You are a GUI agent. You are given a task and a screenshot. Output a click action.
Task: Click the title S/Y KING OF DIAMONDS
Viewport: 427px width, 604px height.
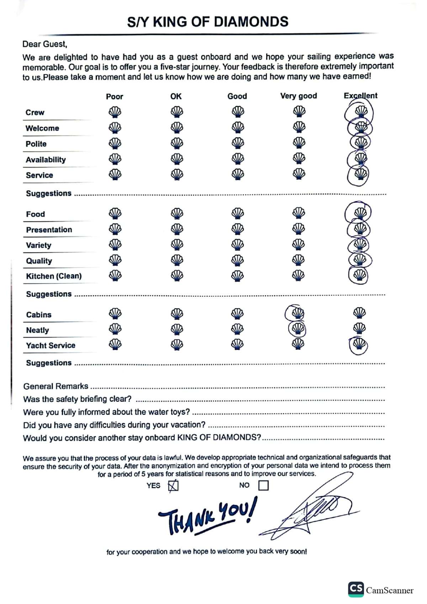(x=208, y=22)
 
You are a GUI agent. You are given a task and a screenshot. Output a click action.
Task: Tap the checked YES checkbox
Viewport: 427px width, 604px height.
(x=173, y=486)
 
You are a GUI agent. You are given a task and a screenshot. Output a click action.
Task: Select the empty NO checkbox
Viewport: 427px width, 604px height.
(x=263, y=485)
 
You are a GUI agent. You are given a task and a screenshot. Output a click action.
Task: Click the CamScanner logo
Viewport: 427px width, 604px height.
(x=356, y=589)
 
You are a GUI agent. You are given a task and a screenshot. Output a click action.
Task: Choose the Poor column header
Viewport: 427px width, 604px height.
(x=115, y=96)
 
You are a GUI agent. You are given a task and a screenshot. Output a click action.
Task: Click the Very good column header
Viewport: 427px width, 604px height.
(x=299, y=96)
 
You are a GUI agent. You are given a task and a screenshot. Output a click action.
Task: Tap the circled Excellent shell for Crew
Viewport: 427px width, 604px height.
(x=361, y=111)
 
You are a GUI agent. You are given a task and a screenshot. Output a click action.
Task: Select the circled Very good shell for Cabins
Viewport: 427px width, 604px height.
(x=297, y=313)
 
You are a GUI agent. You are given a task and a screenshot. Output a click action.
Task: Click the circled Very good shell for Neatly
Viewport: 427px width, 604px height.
(x=297, y=329)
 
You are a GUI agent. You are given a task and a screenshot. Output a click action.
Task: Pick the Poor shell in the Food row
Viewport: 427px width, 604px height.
(x=115, y=213)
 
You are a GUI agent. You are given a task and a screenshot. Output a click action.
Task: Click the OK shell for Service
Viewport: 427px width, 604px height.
(x=177, y=174)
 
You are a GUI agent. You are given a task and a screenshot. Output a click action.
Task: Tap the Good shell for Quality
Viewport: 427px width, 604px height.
(x=238, y=260)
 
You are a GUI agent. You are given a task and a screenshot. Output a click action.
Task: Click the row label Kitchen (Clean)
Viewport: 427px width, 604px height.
(x=54, y=276)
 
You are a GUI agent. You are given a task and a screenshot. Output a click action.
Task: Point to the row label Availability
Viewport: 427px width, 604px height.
(x=46, y=160)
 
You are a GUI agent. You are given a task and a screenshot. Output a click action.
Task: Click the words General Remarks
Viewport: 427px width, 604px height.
(x=56, y=386)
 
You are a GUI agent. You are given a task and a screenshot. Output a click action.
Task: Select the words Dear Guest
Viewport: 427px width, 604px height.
(x=44, y=44)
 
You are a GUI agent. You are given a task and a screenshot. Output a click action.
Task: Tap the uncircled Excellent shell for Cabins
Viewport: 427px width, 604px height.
(x=359, y=313)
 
